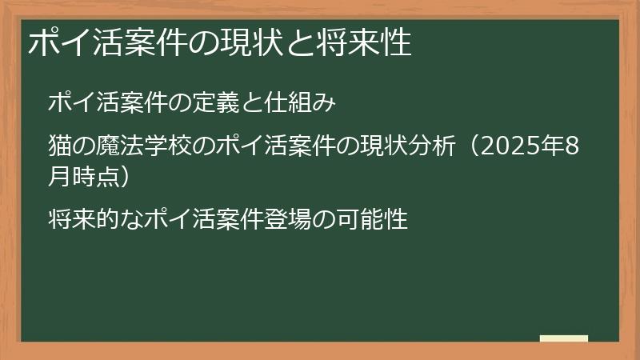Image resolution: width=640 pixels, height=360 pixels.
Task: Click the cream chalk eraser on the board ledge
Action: tap(564, 339)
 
